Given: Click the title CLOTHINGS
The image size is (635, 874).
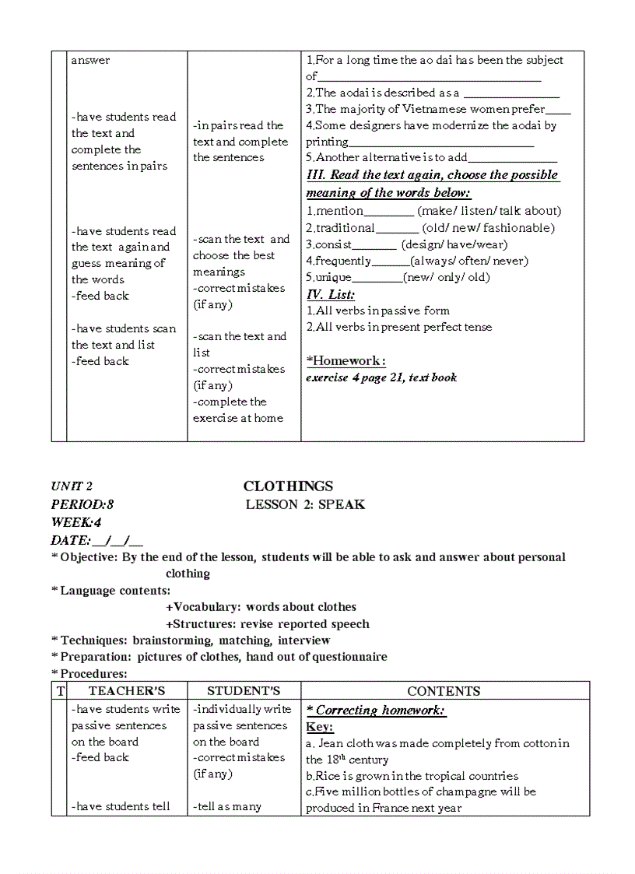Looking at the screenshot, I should coord(288,486).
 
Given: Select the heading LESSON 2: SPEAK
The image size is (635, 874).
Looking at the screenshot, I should coord(305,504).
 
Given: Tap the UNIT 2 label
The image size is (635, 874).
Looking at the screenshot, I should coord(72,486).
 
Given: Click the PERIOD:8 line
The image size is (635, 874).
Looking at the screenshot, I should coord(82,504).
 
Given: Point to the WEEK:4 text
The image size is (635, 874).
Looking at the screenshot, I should coord(75,522).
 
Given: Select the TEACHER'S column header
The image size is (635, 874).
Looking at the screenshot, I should coord(126,690).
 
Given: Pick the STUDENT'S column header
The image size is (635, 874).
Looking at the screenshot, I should coord(243,690).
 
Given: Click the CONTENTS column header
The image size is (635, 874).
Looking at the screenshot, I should coord(444,690).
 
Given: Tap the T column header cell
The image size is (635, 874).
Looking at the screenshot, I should coord(60,690).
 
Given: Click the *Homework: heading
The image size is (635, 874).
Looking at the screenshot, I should coord(346,360).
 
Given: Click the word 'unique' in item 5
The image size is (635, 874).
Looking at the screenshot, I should coord(333,277).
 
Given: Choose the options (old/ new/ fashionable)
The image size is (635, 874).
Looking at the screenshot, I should coord(488,228).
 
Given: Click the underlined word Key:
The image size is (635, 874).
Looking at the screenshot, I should coord(319,726).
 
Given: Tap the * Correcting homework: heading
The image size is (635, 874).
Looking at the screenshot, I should coord(376,710).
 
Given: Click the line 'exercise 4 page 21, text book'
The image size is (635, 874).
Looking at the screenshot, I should coord(381,377).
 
